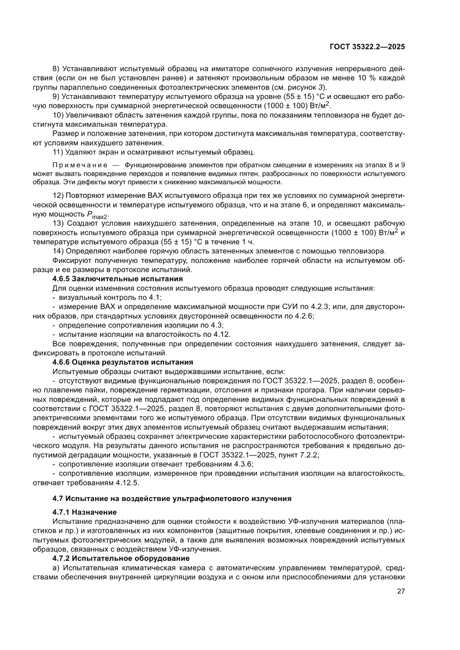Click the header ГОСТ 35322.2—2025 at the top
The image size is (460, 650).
coord(368,47)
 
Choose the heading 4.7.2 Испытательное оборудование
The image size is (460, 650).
coord(121,558)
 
